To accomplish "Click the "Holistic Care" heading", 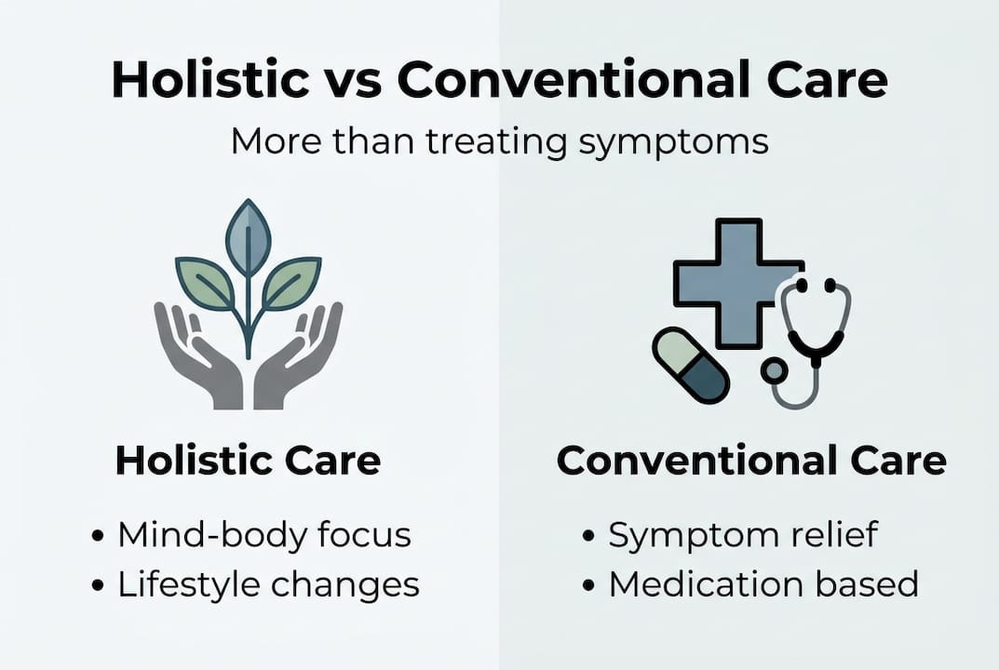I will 248,462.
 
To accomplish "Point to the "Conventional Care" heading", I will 751,462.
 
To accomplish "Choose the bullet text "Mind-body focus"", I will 264,535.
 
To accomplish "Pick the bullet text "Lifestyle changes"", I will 268,584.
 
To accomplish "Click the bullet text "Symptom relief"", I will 742,535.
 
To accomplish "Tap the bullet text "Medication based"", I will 763,584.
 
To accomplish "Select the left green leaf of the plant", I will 206,282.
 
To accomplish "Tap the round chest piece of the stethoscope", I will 773,370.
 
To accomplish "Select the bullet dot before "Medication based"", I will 588,585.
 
